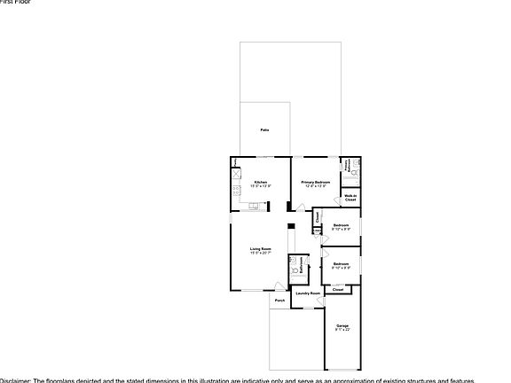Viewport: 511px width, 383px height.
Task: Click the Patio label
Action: [264, 130]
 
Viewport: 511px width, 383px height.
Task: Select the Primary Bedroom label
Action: [316, 181]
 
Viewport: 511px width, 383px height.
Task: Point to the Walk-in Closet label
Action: [350, 198]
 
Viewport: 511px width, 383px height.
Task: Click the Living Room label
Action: [260, 249]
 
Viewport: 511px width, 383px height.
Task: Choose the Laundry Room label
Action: [307, 293]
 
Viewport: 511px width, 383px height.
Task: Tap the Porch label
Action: [279, 301]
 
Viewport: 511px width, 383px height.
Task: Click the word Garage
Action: [342, 326]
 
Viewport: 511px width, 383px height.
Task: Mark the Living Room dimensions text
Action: [260, 254]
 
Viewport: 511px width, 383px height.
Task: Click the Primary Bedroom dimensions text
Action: [316, 185]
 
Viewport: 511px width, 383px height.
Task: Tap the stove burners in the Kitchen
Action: [237, 189]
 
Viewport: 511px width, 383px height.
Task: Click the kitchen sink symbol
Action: [255, 206]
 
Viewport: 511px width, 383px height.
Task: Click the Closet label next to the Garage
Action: [338, 289]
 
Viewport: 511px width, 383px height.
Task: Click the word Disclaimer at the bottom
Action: [15, 379]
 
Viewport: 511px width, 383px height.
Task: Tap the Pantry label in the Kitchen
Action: [235, 162]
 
